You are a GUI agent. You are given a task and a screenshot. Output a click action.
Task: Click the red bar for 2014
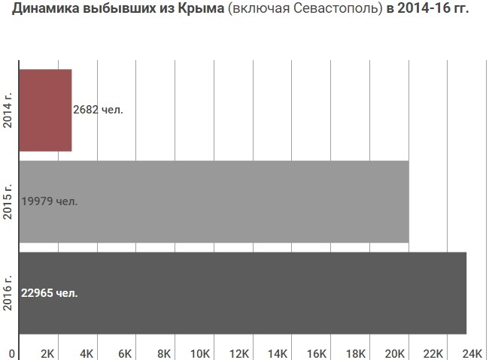[44, 110]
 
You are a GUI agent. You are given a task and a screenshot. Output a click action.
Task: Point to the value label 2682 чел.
[98, 110]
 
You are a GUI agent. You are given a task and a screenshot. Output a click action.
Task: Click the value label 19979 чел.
[50, 201]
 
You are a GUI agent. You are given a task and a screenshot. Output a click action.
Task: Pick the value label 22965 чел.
[50, 293]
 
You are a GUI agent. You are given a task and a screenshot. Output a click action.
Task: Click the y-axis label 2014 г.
[8, 110]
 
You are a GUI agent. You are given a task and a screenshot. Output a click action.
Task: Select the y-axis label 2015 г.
[8, 201]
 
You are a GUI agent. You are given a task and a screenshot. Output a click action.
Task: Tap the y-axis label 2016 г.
[8, 293]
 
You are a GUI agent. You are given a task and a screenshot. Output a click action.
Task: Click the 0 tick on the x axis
[12, 353]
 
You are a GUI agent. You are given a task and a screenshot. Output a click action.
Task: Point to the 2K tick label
[48, 353]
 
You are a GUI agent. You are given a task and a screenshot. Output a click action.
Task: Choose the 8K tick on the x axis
[163, 353]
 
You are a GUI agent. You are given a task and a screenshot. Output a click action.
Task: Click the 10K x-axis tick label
[201, 353]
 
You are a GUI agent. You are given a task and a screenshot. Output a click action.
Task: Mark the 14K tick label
[278, 353]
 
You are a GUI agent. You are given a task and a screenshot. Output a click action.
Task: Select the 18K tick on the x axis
[355, 353]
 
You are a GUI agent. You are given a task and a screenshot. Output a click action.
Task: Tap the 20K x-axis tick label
[393, 353]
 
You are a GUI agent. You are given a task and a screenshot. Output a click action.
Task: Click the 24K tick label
[471, 353]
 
